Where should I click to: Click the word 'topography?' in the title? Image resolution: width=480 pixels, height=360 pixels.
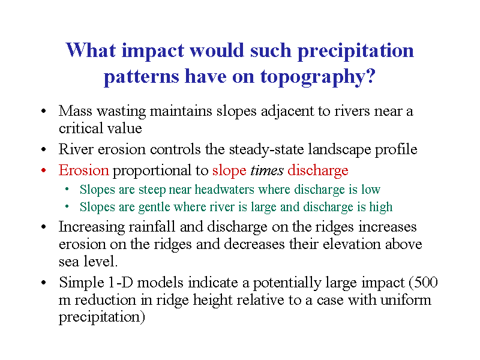pos(318,77)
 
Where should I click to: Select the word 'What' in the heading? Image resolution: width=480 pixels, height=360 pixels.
pos(91,50)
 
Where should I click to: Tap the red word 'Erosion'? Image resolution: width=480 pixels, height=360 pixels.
pos(83,170)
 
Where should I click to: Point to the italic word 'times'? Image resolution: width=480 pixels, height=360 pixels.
pos(267,170)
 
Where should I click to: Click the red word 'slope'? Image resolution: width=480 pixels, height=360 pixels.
pos(229,170)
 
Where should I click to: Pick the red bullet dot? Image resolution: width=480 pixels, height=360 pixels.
pos(43,170)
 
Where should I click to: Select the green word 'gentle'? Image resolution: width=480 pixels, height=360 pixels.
pos(154,207)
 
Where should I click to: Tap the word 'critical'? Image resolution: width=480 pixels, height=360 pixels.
pos(79,128)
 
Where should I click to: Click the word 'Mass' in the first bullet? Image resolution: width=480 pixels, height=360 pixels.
pos(76,111)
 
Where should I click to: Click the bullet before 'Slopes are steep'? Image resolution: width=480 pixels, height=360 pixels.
pos(67,190)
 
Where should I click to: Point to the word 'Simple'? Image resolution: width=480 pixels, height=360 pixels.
pos(82,283)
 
